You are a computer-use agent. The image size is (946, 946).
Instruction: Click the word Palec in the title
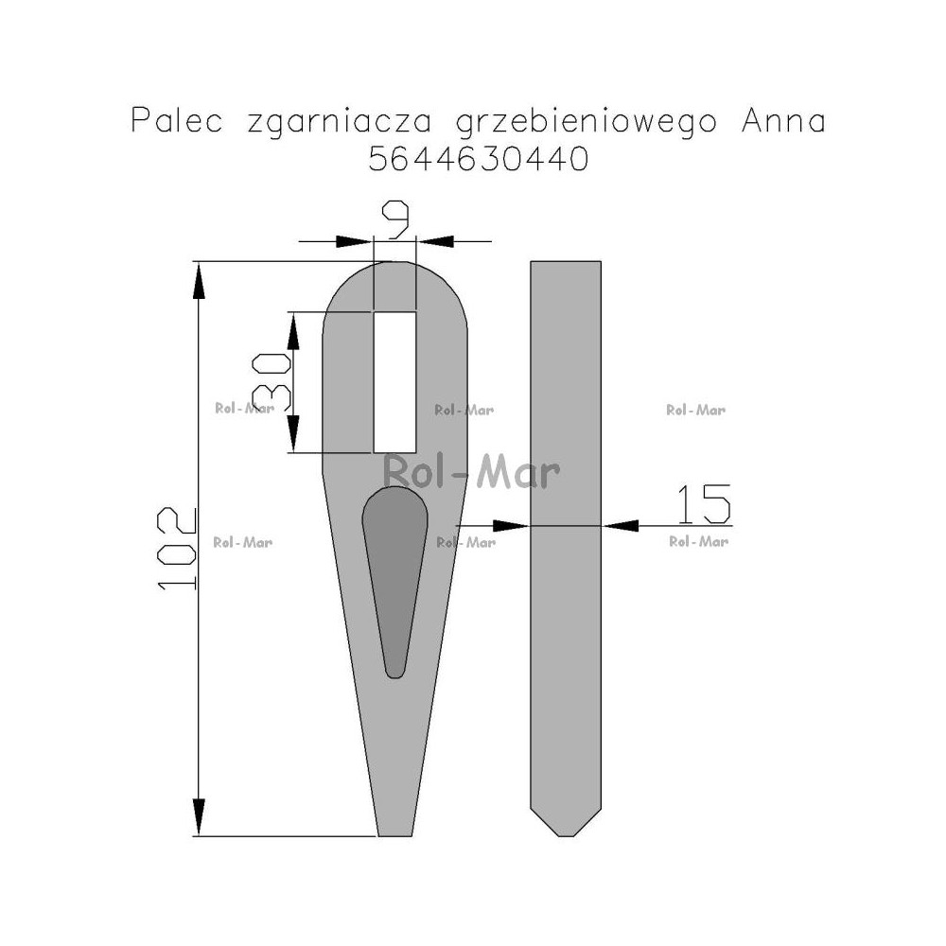(177, 120)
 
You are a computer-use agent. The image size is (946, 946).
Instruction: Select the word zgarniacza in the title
(339, 122)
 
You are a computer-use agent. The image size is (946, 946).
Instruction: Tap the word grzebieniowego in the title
(586, 122)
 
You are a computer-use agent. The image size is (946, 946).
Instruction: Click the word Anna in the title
(783, 120)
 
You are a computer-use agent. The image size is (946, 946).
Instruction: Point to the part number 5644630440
(479, 159)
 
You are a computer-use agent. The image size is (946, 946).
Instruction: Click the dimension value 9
(395, 219)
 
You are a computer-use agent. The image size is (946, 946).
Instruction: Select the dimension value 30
(272, 381)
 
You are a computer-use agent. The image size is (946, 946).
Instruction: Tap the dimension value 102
(176, 548)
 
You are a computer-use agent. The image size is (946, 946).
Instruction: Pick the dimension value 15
(704, 504)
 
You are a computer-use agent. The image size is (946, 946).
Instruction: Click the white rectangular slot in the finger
(395, 382)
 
